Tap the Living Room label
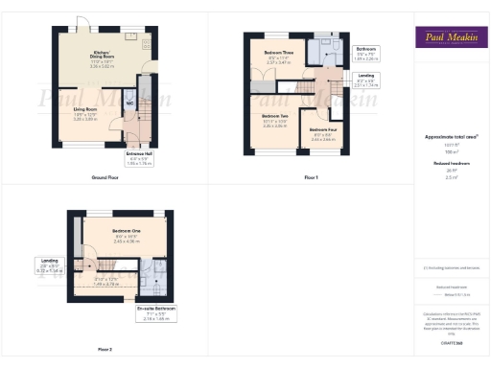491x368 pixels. [x=87, y=116]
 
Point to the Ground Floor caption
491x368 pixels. [x=105, y=178]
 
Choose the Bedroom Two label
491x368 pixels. [x=275, y=120]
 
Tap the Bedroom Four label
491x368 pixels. [x=322, y=133]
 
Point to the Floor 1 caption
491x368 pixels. [x=311, y=178]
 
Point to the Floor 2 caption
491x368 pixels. [x=104, y=349]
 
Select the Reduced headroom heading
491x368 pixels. [x=449, y=164]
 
